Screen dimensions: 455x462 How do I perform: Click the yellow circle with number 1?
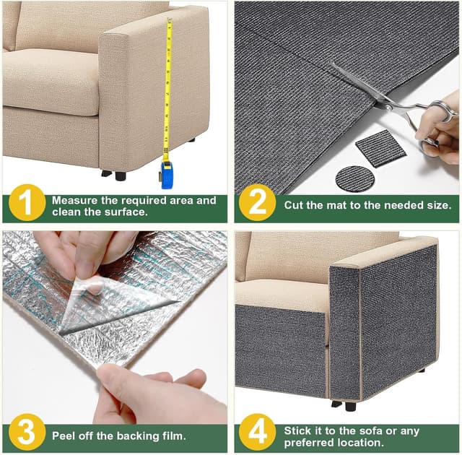click(x=27, y=204)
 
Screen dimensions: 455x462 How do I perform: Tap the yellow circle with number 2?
click(x=258, y=203)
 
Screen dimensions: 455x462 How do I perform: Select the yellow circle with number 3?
click(x=27, y=435)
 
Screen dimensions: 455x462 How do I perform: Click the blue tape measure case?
click(x=167, y=175)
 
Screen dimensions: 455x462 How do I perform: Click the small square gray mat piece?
click(x=381, y=149)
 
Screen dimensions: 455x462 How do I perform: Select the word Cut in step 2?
click(x=294, y=205)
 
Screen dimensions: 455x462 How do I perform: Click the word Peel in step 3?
click(x=64, y=436)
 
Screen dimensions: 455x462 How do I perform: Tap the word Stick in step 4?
click(x=298, y=430)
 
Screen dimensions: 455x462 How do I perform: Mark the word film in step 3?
click(x=170, y=436)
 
